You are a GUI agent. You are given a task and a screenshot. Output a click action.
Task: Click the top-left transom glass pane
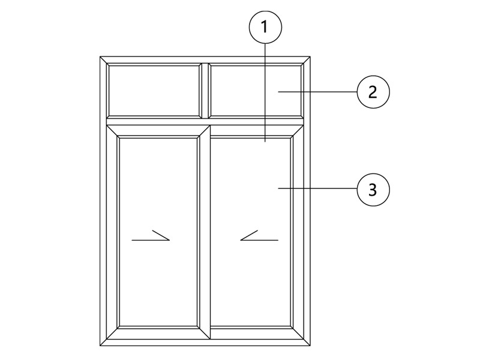[x=154, y=91]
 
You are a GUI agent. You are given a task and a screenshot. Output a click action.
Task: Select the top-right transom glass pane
[x=256, y=91]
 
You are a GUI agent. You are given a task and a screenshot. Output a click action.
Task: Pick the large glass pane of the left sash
[x=158, y=232]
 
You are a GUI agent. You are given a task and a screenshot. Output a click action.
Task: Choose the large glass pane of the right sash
[x=250, y=232]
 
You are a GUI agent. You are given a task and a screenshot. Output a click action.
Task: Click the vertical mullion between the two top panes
[x=205, y=91]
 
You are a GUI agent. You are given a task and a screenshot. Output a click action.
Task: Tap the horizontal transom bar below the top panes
[x=205, y=122]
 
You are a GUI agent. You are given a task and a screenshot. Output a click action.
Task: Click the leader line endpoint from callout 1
[x=265, y=142]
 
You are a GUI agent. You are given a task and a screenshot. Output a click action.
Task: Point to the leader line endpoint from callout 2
[x=278, y=92]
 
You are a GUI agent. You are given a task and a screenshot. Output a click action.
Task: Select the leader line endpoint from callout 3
[x=278, y=188]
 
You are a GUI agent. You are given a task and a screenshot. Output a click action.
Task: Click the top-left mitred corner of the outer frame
[x=103, y=59]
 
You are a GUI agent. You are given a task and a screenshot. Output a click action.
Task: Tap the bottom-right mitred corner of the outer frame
[x=307, y=343]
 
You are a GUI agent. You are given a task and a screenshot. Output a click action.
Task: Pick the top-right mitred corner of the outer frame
[x=307, y=59]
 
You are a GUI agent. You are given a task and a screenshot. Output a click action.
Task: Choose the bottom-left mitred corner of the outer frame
[x=103, y=343]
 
